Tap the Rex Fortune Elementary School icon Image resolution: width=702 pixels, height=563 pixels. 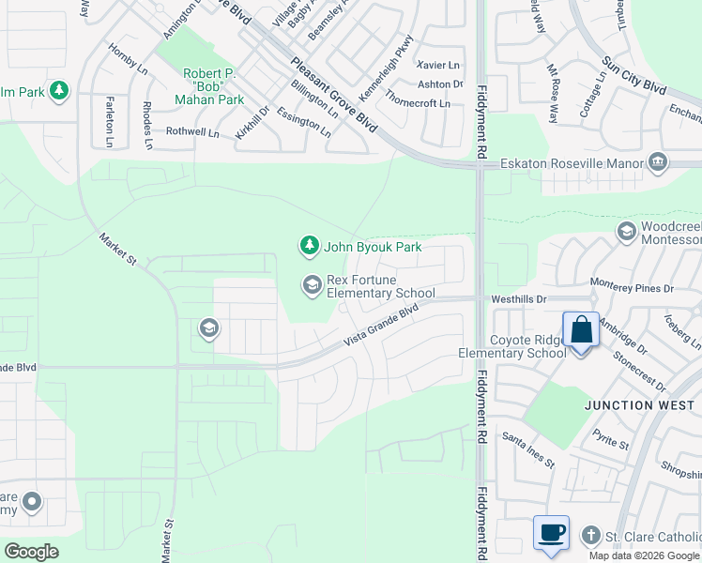pos(312,283)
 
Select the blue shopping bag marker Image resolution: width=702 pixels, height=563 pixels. pos(581,331)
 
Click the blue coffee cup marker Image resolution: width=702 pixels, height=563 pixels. pos(551,533)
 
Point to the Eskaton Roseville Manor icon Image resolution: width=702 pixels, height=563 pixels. pos(657,163)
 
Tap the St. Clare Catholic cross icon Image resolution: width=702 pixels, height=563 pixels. pos(590,535)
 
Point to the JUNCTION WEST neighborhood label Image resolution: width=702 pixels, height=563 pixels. pos(639,405)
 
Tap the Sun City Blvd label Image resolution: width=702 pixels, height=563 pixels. pos(634,75)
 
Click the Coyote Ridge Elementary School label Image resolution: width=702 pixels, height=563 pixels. pos(512,346)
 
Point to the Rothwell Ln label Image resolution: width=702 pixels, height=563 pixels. pos(192,134)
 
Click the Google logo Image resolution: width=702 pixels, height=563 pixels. pos(31,552)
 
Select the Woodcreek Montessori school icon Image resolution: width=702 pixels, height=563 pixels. pos(626,231)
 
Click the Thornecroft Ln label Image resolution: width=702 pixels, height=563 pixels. pos(418,103)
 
